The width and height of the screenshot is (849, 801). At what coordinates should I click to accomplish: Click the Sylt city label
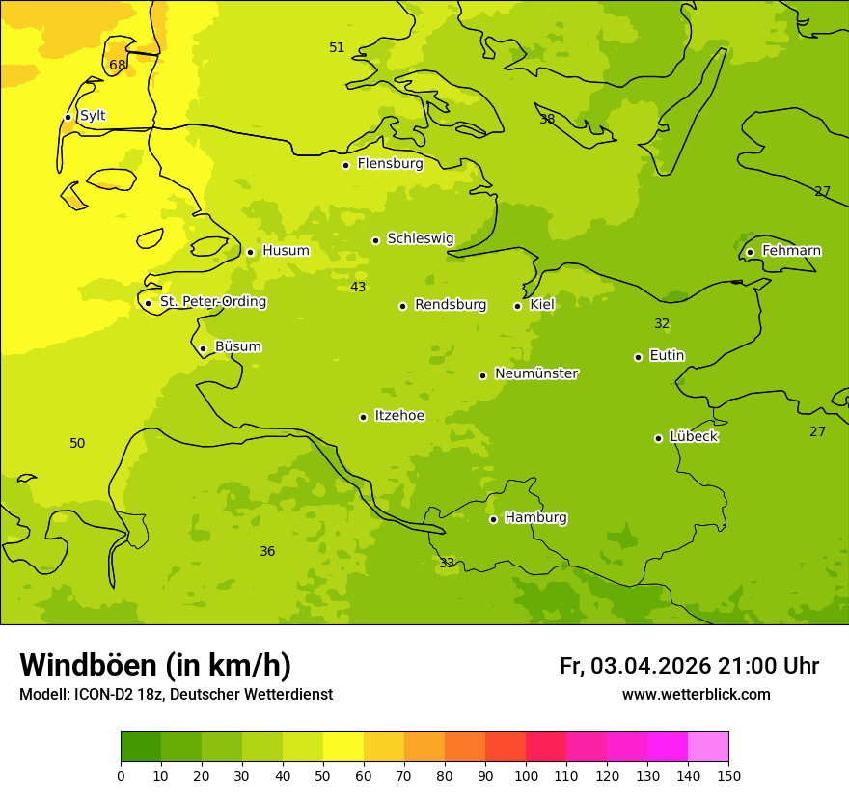(93, 116)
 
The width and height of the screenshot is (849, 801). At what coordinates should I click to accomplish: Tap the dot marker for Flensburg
(345, 165)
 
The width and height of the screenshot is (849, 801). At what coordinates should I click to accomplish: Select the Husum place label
(286, 251)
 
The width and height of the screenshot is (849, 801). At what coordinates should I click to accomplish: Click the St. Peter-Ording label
(212, 302)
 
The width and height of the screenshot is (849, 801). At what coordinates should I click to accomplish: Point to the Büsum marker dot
(203, 348)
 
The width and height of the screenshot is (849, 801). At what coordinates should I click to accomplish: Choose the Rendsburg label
(451, 305)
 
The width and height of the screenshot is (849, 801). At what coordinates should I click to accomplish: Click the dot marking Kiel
(517, 306)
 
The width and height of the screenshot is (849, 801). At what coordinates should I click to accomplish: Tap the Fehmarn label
(791, 251)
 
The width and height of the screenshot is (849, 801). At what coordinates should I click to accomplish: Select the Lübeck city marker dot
(658, 438)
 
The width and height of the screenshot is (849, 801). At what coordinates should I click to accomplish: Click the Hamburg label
(535, 518)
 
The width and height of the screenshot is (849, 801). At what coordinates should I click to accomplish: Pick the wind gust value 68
(118, 66)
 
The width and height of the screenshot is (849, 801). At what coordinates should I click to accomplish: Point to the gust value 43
(358, 288)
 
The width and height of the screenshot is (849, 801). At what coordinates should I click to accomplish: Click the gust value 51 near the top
(337, 48)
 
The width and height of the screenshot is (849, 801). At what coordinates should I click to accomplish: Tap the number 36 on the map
(267, 552)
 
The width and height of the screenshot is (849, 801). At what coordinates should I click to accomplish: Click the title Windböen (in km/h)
(155, 665)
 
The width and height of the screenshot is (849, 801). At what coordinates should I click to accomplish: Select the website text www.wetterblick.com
(696, 695)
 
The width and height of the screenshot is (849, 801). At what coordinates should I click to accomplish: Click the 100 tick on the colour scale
(526, 775)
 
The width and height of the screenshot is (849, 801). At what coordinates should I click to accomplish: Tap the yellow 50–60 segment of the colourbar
(343, 747)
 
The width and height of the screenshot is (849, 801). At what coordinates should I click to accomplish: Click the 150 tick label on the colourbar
(727, 775)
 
